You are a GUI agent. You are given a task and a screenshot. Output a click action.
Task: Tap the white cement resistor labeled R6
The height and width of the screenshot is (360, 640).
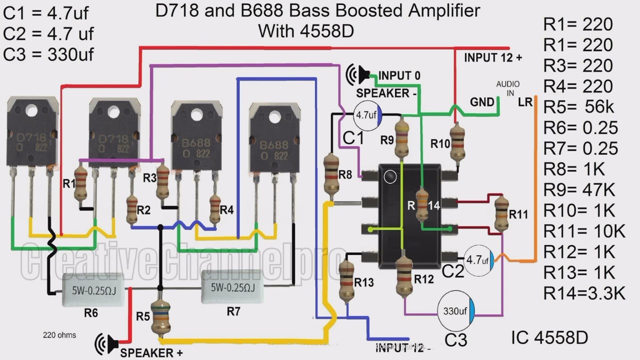89,288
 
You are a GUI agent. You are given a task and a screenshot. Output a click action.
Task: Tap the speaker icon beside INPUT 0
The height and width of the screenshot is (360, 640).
358,75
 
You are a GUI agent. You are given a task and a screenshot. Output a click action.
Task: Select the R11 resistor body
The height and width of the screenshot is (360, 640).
501,214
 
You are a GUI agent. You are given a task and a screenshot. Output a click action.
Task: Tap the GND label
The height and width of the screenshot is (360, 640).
482,102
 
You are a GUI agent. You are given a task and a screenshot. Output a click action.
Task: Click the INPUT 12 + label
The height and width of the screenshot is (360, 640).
492,58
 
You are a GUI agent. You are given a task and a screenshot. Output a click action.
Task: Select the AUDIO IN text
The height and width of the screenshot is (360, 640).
507,88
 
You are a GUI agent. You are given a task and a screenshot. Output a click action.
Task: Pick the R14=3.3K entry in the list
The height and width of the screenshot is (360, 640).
584,293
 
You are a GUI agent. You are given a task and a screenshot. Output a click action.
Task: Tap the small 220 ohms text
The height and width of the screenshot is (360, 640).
59,335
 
